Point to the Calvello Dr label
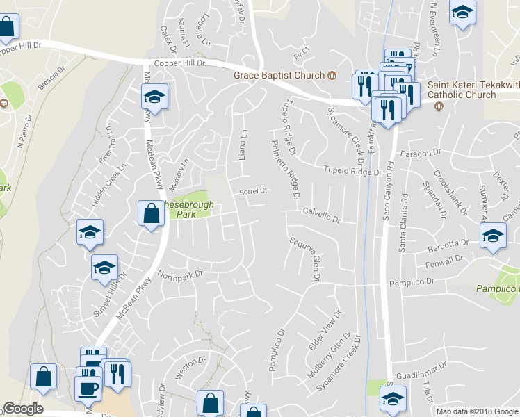[321, 218]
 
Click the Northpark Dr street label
[180, 274]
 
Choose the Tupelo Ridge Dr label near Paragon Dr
[352, 170]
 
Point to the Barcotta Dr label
[450, 244]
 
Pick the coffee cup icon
[88, 388]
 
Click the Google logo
[23, 409]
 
